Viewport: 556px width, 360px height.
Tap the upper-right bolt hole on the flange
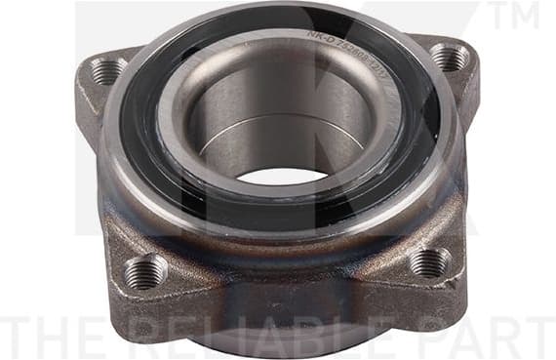tap(450, 58)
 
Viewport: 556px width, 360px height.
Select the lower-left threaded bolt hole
tap(144, 271)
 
